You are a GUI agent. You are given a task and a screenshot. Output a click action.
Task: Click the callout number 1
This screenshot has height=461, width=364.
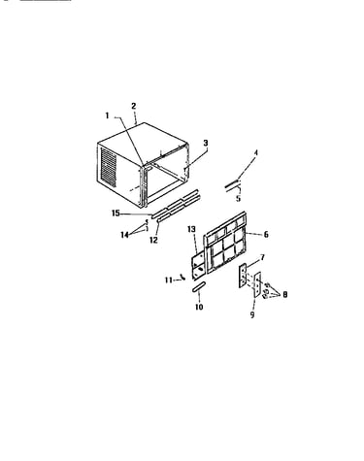[x=108, y=115]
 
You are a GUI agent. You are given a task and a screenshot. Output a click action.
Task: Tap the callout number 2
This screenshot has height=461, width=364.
[x=134, y=106]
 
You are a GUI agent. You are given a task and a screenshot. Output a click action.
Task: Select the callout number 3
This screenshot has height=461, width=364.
[x=206, y=143]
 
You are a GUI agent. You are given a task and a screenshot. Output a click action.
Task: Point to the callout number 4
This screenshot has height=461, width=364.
[x=255, y=152]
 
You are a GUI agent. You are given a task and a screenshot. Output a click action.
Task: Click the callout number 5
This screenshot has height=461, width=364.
[x=239, y=198]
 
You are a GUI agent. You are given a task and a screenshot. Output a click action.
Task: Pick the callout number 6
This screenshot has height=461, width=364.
[x=266, y=234]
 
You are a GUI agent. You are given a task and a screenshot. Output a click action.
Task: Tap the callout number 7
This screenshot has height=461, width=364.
[x=262, y=257]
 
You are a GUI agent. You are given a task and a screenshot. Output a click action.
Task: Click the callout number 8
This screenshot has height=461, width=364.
[x=284, y=294]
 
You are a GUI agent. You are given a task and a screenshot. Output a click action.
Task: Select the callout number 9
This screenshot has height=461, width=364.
[x=252, y=314]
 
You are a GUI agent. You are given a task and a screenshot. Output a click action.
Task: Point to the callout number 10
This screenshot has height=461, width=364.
[x=199, y=307]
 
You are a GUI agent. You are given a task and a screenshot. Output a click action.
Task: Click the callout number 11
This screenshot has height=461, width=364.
[x=169, y=280]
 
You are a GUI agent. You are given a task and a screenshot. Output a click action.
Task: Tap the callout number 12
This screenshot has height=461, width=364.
[x=153, y=240]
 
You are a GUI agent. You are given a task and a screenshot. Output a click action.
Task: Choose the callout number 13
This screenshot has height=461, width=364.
[x=191, y=229]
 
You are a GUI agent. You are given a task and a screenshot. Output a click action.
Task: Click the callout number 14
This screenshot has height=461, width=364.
[x=124, y=235]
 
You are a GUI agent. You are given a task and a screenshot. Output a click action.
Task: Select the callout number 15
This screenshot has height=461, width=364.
[x=116, y=214]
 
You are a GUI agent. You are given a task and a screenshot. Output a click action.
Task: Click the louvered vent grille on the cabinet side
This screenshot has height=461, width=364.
[x=109, y=167]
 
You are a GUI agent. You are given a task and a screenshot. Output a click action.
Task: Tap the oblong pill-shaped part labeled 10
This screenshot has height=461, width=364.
[x=198, y=287]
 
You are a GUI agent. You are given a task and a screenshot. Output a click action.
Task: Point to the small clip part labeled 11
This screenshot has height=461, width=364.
[x=183, y=277]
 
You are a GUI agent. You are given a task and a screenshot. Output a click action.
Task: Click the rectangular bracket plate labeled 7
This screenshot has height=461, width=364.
[x=243, y=276]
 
